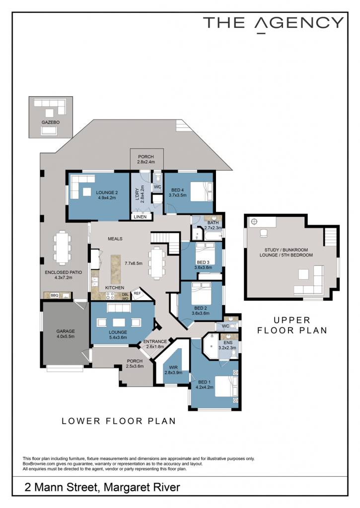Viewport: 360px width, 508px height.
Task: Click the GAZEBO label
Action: [50, 123]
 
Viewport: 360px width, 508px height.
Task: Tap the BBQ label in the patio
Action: [54, 296]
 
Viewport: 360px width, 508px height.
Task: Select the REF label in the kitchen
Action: [137, 293]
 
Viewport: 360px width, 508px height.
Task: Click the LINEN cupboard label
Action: [140, 217]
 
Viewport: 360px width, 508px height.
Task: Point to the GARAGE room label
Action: [66, 331]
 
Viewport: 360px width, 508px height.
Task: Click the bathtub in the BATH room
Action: [213, 235]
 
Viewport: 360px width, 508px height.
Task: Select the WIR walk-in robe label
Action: [173, 368]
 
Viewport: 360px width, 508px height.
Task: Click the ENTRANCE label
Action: [155, 341]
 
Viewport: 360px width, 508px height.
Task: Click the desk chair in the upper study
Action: [263, 233]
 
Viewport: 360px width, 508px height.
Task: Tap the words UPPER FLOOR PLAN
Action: [292, 325]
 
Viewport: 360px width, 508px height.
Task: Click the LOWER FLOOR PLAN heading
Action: [119, 421]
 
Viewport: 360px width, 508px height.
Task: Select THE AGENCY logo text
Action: [273, 24]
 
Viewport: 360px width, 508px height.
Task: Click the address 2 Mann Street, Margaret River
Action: [102, 487]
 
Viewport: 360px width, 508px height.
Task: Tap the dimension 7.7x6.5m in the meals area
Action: [134, 263]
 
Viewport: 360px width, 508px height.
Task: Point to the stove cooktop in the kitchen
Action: [110, 295]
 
